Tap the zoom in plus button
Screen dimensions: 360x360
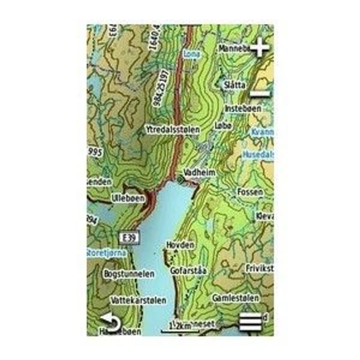(259, 47)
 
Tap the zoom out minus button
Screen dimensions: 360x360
(259, 94)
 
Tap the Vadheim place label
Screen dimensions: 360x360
(199, 172)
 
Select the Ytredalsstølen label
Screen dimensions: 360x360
(172, 129)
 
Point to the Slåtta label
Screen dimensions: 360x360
(235, 85)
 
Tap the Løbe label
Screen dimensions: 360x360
(222, 126)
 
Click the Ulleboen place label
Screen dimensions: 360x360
(128, 197)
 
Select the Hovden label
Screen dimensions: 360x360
(181, 245)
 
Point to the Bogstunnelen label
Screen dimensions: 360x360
(129, 274)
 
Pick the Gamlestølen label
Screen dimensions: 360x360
(236, 298)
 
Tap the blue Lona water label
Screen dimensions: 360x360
(192, 53)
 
